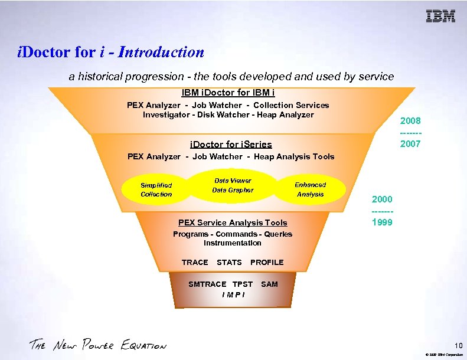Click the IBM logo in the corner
(x=441, y=17)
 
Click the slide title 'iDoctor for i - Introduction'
(x=111, y=52)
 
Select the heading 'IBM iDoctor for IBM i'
(x=228, y=93)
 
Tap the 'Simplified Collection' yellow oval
(x=156, y=189)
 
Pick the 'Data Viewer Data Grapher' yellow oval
(x=233, y=185)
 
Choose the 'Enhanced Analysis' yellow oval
(x=311, y=189)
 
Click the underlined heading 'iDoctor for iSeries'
(x=231, y=144)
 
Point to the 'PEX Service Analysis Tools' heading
(x=233, y=222)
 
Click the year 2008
(x=410, y=121)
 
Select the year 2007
(x=410, y=143)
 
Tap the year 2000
(x=382, y=199)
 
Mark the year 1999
(x=382, y=222)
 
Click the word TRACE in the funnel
(x=195, y=262)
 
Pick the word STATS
(x=229, y=262)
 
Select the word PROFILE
(x=267, y=262)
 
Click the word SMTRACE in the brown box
(x=207, y=284)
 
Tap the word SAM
(x=269, y=284)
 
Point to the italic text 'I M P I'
(x=233, y=294)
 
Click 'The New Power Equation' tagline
(x=98, y=345)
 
